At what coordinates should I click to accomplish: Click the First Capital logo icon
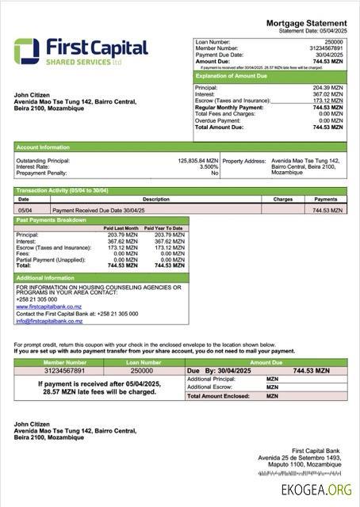pos(26,51)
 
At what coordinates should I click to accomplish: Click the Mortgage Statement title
pos(306,24)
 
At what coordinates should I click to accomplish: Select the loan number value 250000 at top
pos(334,41)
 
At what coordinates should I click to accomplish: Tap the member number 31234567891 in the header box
pos(327,48)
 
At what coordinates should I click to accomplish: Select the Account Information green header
pos(42,147)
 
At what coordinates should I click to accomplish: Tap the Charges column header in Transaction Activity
pos(283,200)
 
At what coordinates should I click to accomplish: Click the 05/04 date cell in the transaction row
pos(25,211)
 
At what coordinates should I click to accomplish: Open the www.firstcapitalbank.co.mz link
pos(48,307)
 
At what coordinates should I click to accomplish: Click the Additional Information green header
pos(45,278)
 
